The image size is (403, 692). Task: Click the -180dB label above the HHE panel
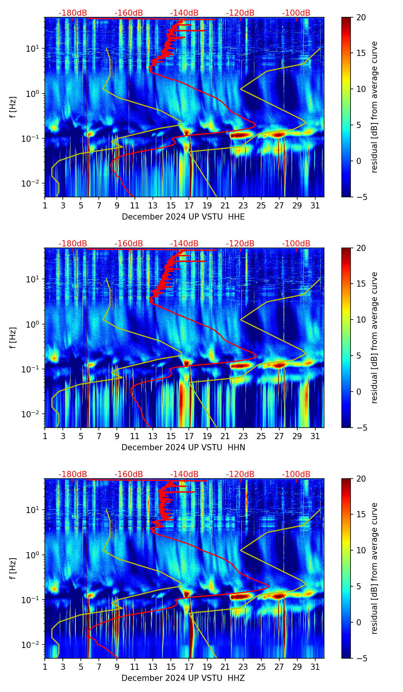tap(73, 13)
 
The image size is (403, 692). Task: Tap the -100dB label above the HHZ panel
tap(296, 474)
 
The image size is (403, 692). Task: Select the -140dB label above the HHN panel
tap(184, 244)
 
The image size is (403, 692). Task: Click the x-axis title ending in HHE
tap(183, 217)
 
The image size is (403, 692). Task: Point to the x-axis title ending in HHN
tap(183, 448)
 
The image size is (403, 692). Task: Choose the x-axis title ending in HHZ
tap(183, 678)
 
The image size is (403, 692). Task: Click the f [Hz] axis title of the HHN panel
tap(13, 338)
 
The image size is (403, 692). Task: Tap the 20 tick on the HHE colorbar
tap(361, 17)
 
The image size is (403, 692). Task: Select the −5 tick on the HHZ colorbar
tap(361, 658)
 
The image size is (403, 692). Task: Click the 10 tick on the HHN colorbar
tap(361, 320)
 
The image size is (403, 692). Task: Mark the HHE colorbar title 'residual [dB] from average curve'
tap(375, 107)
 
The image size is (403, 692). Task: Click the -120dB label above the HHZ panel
tap(240, 474)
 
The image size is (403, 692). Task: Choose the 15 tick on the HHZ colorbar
tap(361, 515)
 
